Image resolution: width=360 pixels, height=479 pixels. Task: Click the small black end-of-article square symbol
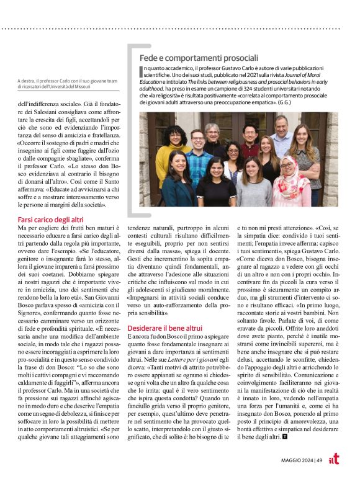284,436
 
